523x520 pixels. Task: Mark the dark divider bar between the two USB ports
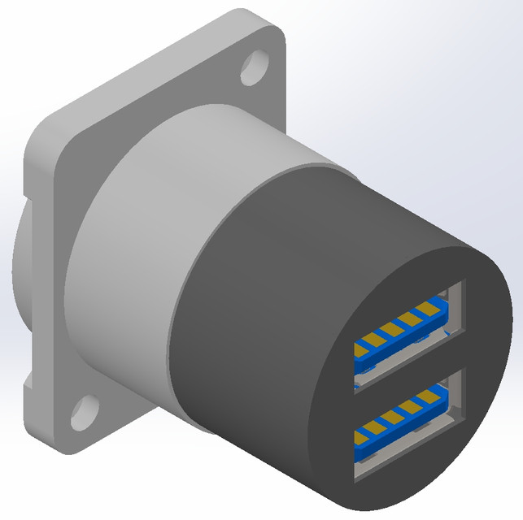[x=407, y=373]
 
